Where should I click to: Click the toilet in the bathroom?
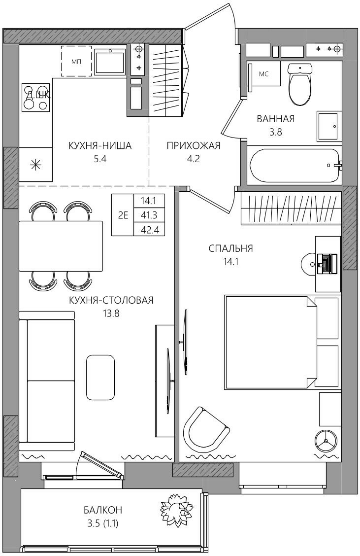[300, 84]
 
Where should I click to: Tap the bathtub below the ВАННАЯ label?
[295, 165]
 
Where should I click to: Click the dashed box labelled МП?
[76, 61]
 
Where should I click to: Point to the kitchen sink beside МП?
[110, 62]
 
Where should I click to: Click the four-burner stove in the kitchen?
[36, 98]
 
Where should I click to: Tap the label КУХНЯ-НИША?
[100, 145]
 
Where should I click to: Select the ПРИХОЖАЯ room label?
[194, 145]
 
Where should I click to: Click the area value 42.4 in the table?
[150, 230]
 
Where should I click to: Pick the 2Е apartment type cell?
[123, 215]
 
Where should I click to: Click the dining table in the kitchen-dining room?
[61, 246]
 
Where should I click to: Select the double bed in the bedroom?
[270, 342]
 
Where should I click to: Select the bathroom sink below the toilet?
[329, 126]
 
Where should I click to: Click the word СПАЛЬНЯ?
[230, 248]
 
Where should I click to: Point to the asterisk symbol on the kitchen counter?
[35, 165]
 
